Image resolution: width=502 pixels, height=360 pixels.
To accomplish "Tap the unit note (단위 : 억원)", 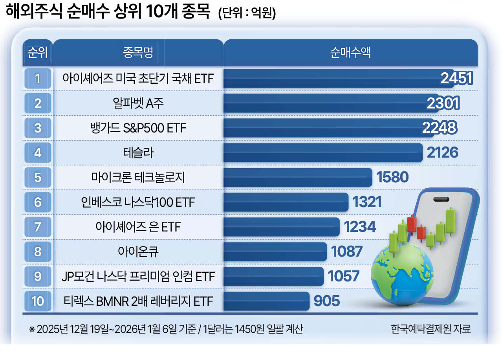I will pyautogui.click(x=247, y=14).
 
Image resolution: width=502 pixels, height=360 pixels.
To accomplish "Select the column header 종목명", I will pyautogui.click(x=138, y=53).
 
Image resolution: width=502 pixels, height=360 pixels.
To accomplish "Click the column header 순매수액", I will pyautogui.click(x=350, y=53).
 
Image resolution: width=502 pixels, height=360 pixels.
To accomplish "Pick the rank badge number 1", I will pyautogui.click(x=38, y=79).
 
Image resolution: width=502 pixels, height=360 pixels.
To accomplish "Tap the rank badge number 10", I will pyautogui.click(x=38, y=301).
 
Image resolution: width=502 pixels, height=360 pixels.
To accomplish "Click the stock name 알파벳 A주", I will pyautogui.click(x=138, y=103).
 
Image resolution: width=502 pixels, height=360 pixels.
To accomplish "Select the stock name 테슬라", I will pyautogui.click(x=138, y=152).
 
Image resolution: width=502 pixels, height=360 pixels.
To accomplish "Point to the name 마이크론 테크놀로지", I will pyautogui.click(x=138, y=177).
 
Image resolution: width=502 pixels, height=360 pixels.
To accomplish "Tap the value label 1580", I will pyautogui.click(x=392, y=177).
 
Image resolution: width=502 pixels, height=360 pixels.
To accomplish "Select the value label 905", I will pyautogui.click(x=327, y=301).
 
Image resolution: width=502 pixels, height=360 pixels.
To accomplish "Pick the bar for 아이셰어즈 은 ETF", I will pyautogui.click(x=281, y=227).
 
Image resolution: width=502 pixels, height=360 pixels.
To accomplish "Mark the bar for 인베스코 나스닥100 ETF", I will pyautogui.click(x=285, y=202).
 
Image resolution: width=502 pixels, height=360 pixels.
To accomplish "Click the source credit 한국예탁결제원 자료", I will pyautogui.click(x=431, y=329).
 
